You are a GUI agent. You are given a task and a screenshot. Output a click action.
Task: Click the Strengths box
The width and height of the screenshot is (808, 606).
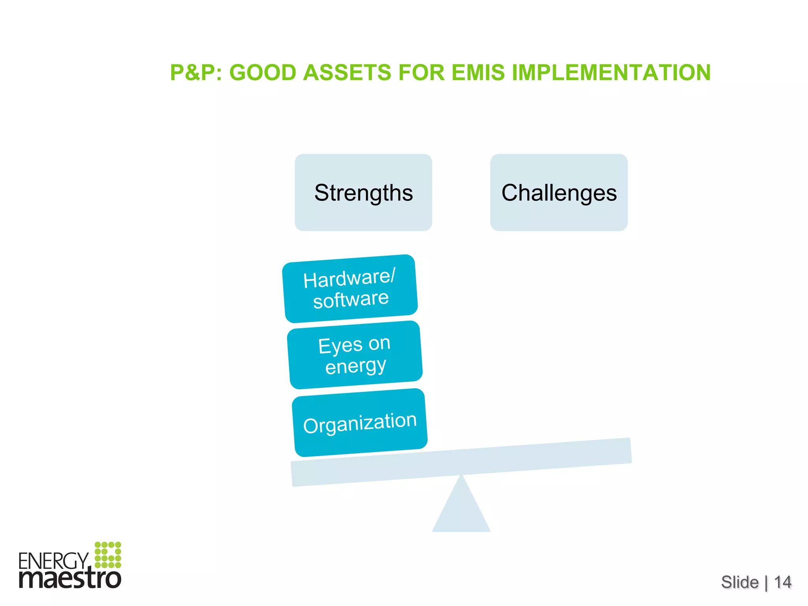click(363, 193)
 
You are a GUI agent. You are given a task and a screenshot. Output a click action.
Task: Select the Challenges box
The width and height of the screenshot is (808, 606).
click(559, 193)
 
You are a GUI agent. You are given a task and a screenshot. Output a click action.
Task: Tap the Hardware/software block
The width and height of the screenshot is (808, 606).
click(350, 288)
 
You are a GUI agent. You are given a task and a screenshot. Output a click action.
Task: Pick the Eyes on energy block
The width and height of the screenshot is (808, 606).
click(355, 355)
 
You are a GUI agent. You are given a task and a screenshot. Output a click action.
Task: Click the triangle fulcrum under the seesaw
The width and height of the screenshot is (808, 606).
click(461, 509)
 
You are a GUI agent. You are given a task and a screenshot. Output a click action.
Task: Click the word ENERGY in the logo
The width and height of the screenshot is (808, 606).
click(54, 561)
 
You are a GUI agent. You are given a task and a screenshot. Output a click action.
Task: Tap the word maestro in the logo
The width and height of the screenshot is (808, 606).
click(70, 579)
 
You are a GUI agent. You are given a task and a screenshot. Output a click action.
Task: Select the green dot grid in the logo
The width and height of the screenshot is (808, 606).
click(108, 555)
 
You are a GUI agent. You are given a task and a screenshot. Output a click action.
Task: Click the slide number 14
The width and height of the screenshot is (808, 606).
click(783, 582)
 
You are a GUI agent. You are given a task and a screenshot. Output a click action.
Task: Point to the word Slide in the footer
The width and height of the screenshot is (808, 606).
click(740, 582)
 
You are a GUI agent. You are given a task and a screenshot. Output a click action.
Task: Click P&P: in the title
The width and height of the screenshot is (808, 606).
click(196, 73)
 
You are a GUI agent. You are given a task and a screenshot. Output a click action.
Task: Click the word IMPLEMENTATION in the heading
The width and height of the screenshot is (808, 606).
click(611, 73)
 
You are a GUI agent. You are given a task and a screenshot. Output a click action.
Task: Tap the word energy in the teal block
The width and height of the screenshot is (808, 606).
click(355, 366)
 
